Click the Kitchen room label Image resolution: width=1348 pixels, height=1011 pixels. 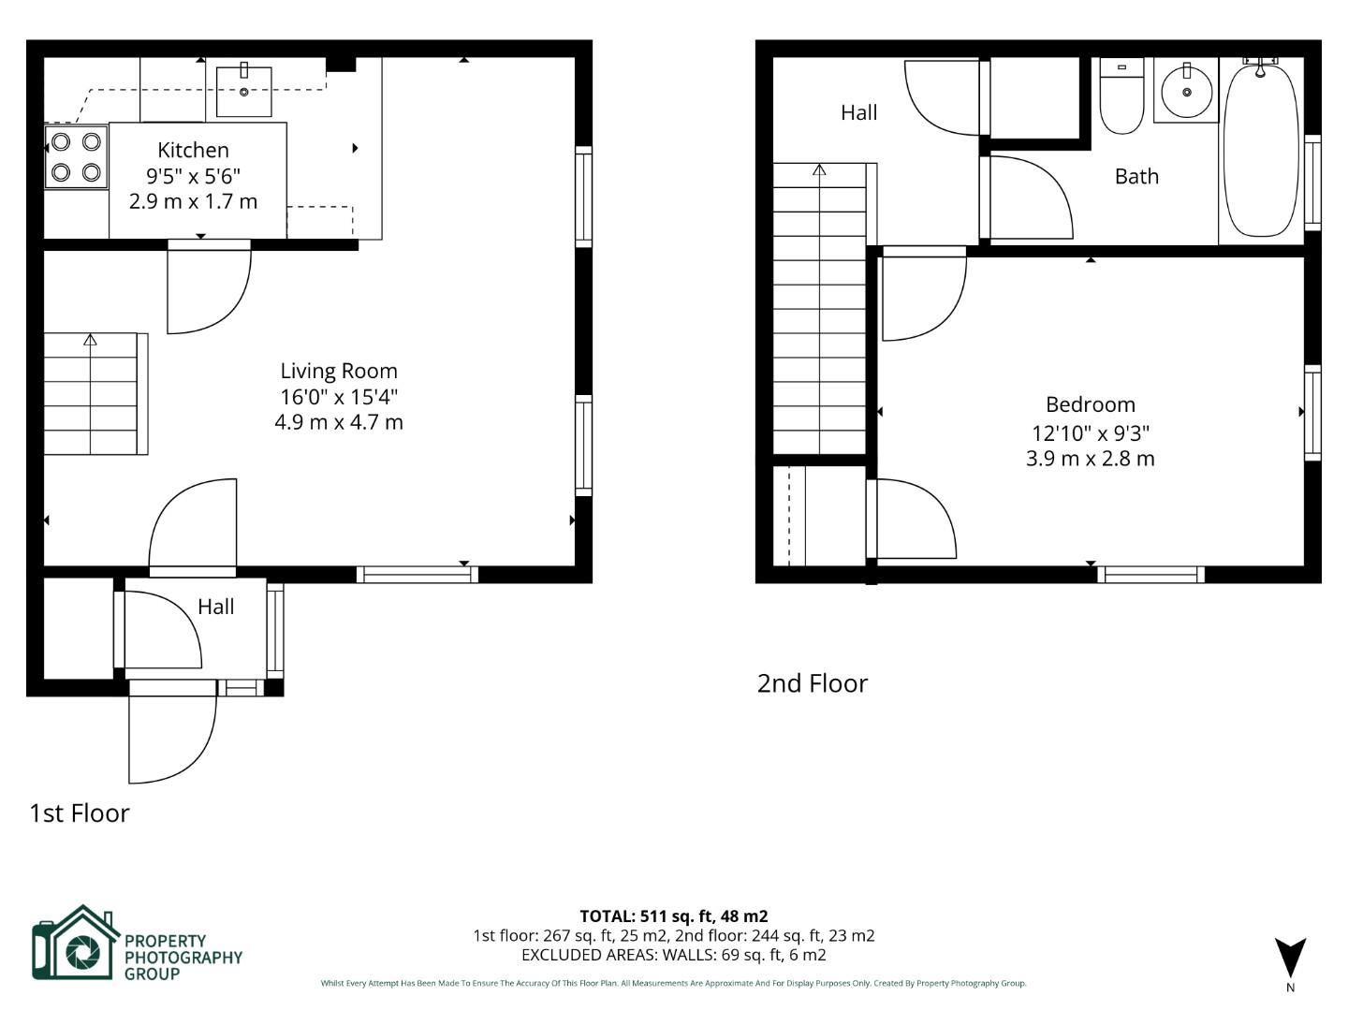193,150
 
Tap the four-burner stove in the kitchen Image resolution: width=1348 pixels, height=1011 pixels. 76,157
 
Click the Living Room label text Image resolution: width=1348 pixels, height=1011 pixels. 339,371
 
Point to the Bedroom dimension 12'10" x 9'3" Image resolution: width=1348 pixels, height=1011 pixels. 1090,433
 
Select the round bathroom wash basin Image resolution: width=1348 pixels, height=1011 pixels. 1186,92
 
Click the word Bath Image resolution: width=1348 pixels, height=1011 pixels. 1136,176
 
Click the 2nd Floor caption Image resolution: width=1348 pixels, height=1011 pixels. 812,683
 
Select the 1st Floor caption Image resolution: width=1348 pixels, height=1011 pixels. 80,813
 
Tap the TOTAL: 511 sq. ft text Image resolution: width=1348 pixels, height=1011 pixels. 673,916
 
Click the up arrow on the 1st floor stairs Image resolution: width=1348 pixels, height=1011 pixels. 90,340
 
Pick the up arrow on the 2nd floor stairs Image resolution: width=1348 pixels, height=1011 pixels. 819,169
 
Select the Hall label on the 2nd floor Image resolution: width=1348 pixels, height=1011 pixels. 858,112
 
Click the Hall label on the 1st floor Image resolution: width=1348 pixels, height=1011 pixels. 215,607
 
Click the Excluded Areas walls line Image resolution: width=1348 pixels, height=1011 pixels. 673,955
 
